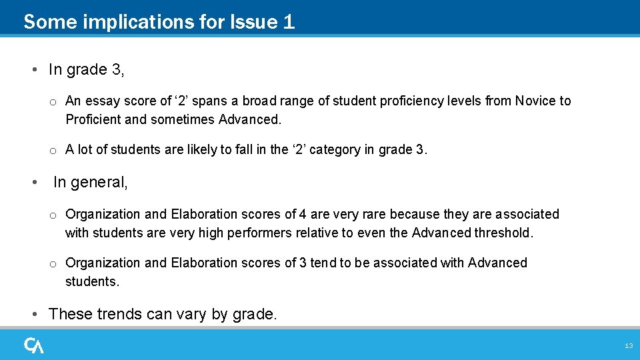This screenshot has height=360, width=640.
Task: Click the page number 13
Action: (x=628, y=346)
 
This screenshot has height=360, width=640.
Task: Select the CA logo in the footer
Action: (x=34, y=345)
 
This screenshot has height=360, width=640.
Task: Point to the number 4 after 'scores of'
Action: (x=303, y=215)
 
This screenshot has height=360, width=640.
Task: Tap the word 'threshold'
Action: (x=504, y=233)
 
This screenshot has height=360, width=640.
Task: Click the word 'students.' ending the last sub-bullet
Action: (x=92, y=282)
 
